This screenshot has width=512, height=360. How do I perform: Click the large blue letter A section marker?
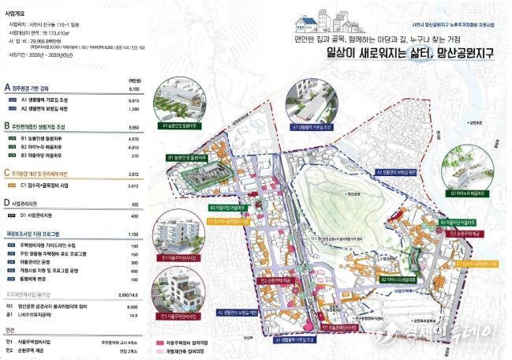pos(7,88)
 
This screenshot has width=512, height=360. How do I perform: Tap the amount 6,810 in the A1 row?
pos(133,101)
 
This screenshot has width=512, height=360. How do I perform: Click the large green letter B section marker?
pos(7,126)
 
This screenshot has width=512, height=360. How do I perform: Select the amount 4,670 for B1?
pos(133,139)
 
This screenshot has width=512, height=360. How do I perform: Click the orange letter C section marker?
pos(7,172)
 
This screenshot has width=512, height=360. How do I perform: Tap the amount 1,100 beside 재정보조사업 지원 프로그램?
pos(133,234)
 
